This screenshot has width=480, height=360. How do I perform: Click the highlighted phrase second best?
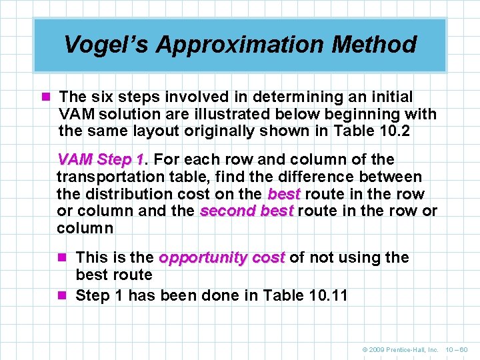point(247,211)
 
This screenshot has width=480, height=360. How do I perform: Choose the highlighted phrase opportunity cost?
point(222,258)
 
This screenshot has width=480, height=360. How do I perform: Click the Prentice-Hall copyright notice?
point(399,349)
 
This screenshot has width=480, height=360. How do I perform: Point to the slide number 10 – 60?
point(456,349)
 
